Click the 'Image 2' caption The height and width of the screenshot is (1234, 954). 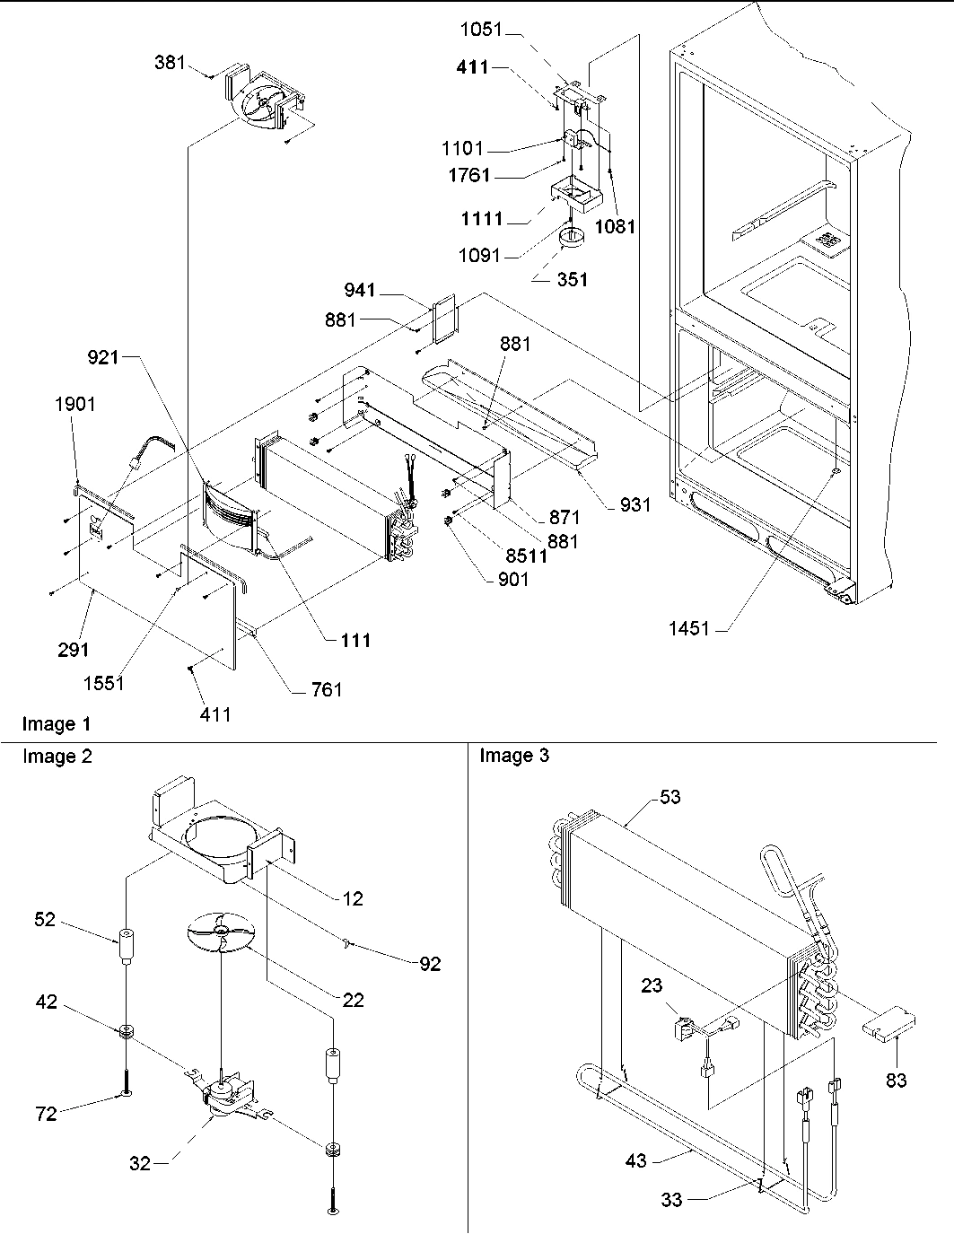point(57,757)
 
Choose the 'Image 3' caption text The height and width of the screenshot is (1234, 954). point(514,756)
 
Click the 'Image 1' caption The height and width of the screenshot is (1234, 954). point(57,723)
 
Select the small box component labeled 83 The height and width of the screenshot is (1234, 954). point(888,1024)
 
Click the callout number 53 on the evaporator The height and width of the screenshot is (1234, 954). point(670,797)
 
